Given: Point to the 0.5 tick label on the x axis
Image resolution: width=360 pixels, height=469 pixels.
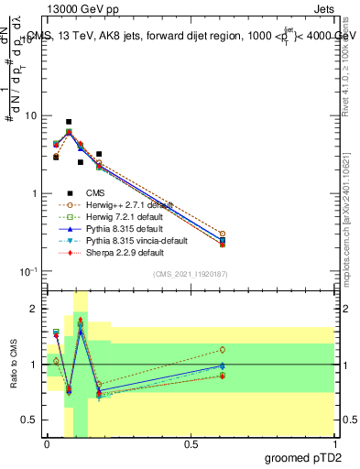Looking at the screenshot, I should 191,444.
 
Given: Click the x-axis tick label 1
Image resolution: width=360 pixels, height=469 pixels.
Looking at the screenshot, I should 334,444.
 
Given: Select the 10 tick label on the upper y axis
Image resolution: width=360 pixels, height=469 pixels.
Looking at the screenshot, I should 31,116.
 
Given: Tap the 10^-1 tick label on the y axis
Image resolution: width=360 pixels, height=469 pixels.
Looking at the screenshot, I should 29,272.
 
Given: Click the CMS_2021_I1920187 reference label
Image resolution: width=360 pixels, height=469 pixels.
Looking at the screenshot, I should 191,274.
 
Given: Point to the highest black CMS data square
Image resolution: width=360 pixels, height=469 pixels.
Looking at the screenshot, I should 69,122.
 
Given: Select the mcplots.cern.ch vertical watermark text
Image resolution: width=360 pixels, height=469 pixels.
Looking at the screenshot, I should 352,229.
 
